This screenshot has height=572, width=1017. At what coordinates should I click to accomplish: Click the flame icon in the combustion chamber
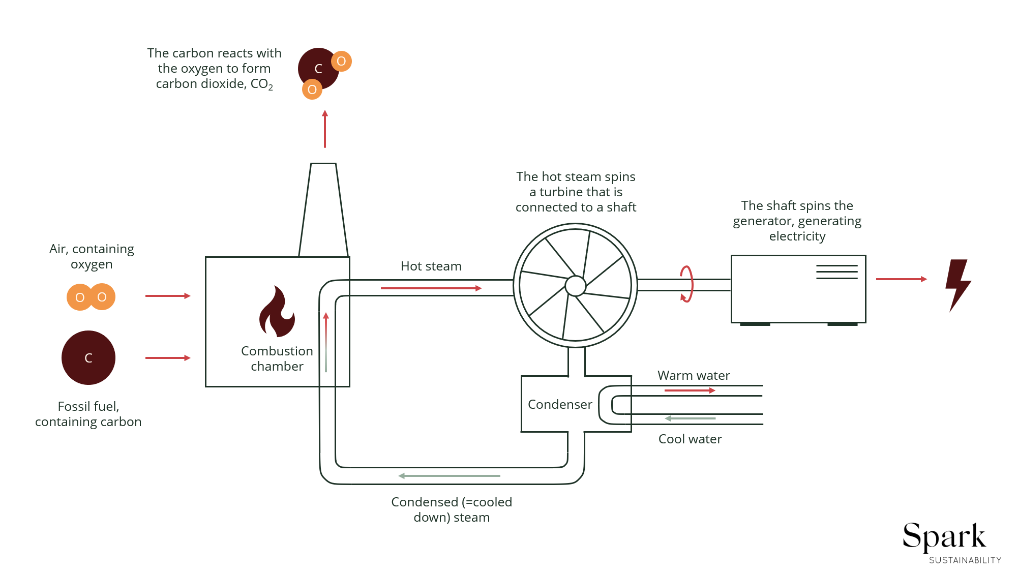click(x=277, y=313)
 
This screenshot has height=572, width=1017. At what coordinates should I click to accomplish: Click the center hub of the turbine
click(x=576, y=286)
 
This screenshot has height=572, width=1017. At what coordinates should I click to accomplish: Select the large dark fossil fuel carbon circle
click(x=88, y=358)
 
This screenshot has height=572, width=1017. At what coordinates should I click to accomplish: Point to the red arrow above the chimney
click(x=325, y=130)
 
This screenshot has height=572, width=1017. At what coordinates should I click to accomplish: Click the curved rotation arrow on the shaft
click(x=687, y=284)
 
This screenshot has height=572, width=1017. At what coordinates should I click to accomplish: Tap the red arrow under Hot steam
click(x=431, y=288)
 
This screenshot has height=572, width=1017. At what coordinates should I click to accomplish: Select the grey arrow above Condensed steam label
click(x=450, y=476)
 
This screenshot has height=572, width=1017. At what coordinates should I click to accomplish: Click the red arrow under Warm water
click(x=690, y=390)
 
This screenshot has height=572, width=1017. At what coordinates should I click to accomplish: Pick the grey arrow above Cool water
click(x=690, y=418)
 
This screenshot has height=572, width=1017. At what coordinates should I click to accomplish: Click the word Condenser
click(x=560, y=405)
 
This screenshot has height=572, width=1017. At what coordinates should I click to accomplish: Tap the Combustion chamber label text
click(x=277, y=358)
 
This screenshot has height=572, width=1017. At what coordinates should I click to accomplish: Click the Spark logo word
click(x=944, y=536)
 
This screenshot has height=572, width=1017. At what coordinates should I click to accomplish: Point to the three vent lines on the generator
click(x=836, y=272)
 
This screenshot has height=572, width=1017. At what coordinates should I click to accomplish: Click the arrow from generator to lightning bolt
click(x=901, y=279)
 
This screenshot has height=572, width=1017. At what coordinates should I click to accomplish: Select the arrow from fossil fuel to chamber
click(x=168, y=358)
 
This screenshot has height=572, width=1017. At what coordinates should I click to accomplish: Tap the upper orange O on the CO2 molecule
click(x=341, y=62)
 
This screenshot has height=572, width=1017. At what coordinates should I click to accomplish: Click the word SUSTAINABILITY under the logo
click(x=965, y=560)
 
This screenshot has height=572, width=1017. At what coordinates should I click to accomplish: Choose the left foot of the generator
click(x=755, y=324)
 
